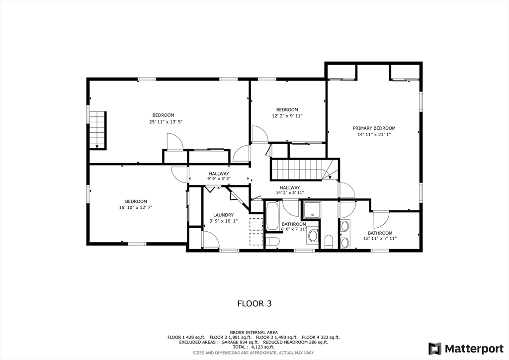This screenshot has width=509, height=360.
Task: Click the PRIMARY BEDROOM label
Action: coord(374,128)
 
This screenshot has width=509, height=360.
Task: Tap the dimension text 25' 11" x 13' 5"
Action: coord(166,122)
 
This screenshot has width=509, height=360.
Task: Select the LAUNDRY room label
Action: coord(220,215)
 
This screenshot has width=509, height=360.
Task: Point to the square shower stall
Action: coord(312,210)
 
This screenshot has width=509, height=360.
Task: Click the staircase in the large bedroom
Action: coord(98,129)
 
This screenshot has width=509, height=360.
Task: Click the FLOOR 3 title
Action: coord(254,303)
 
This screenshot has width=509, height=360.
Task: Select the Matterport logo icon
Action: coord(435,348)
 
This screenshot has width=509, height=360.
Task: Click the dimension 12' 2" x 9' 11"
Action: coord(287,116)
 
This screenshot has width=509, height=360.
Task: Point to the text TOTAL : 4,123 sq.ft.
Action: coord(254,347)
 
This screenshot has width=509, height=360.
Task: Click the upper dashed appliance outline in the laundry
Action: coord(256,224)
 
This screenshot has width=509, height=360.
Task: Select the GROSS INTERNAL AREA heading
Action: coord(254,332)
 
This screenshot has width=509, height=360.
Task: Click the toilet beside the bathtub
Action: coord(273,242)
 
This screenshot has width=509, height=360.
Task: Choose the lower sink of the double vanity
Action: coord(344,242)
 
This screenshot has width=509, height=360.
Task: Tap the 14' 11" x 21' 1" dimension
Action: coord(374,134)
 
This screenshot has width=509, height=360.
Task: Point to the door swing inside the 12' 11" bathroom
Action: coord(381,219)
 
